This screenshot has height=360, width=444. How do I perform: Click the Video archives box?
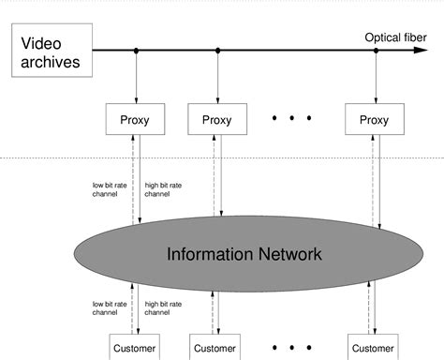[52, 52]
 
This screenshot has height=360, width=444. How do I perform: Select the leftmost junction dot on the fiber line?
[136, 51]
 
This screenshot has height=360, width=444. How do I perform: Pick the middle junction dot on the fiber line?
[216, 51]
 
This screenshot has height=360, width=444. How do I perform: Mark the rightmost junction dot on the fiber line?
[377, 51]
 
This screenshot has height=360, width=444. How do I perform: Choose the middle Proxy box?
[216, 120]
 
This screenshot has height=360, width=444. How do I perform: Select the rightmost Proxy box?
[374, 120]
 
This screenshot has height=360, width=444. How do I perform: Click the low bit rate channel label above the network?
[111, 189]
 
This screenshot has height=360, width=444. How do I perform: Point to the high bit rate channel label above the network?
[164, 189]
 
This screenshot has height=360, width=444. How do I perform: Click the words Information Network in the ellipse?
[244, 254]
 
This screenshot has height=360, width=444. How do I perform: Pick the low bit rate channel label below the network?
[111, 307]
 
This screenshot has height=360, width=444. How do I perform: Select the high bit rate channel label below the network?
[164, 307]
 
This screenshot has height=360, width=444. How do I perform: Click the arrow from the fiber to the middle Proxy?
[216, 79]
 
